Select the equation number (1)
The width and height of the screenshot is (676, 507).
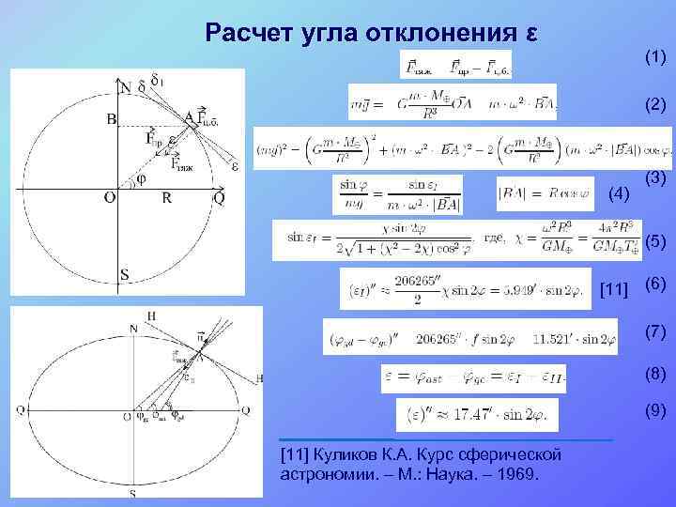pyautogui.click(x=655, y=58)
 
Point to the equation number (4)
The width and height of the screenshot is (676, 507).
pyautogui.click(x=619, y=194)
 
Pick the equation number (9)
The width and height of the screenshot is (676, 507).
pyautogui.click(x=655, y=409)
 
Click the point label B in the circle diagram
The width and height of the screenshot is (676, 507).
pyautogui.click(x=111, y=119)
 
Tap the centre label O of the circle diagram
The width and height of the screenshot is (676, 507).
pyautogui.click(x=109, y=199)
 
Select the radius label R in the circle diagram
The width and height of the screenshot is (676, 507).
pyautogui.click(x=165, y=199)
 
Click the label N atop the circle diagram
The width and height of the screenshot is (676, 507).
pyautogui.click(x=125, y=88)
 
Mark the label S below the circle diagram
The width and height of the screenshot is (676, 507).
pyautogui.click(x=124, y=274)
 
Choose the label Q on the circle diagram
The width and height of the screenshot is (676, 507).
pyautogui.click(x=219, y=199)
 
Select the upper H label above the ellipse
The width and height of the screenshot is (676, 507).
pyautogui.click(x=151, y=315)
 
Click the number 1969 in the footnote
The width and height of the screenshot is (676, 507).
pyautogui.click(x=518, y=473)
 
